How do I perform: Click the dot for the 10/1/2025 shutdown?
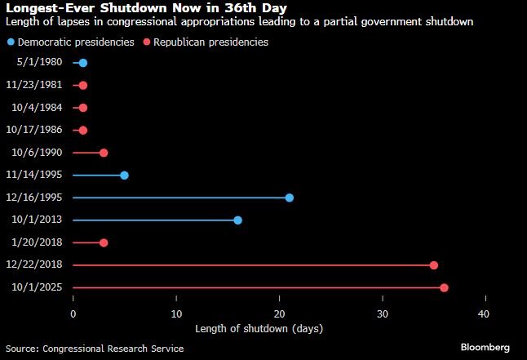click(x=444, y=287)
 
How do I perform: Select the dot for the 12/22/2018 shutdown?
click(x=434, y=265)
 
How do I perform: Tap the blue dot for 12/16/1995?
click(x=290, y=198)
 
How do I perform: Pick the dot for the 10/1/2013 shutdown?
click(x=237, y=220)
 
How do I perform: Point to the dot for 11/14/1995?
click(x=124, y=175)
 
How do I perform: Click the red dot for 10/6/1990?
click(x=104, y=153)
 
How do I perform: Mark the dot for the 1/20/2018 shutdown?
click(x=104, y=242)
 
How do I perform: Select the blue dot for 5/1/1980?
click(x=83, y=63)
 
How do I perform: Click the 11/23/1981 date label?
click(x=38, y=85)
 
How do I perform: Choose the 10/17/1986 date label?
click(x=38, y=130)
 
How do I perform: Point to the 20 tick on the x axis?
click(x=280, y=313)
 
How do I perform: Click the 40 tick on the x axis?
click(x=485, y=313)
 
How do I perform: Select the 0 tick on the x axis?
click(x=73, y=313)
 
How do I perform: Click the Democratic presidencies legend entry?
click(x=74, y=42)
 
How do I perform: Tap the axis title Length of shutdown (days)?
click(x=259, y=329)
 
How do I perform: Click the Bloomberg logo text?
click(x=485, y=348)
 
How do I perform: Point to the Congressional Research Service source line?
click(x=95, y=349)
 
